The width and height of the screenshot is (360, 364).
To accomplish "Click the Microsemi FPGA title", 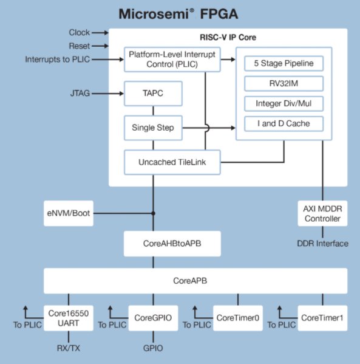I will [x=180, y=13].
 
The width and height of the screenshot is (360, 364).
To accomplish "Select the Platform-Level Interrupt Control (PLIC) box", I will [x=170, y=60].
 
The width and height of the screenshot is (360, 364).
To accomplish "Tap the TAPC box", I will [x=153, y=94].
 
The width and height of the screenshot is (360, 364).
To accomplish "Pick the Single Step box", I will [x=153, y=128].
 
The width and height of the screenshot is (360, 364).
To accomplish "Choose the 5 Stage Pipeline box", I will [x=283, y=63].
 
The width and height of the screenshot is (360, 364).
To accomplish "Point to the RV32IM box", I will [x=283, y=83].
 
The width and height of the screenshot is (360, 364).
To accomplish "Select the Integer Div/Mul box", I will [x=283, y=104].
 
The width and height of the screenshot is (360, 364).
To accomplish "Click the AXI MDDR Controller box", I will [x=322, y=213].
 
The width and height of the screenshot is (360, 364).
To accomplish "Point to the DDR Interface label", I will [x=322, y=244].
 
